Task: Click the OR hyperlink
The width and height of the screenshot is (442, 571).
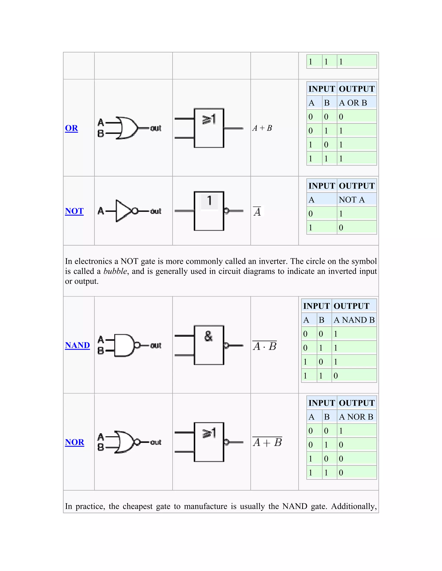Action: click(71, 128)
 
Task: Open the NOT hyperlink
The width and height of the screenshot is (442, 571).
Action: click(74, 211)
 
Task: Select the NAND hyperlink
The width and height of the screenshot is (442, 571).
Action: click(77, 345)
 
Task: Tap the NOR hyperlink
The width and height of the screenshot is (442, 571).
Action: click(75, 442)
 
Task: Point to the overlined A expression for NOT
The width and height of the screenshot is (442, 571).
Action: click(257, 211)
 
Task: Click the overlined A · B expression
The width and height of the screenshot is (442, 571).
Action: click(265, 346)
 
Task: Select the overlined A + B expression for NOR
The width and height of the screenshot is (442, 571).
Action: click(267, 442)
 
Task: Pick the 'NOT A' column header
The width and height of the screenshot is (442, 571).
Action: click(352, 200)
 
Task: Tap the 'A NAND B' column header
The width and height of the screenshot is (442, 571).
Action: click(354, 320)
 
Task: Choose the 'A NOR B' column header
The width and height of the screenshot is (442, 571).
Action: click(356, 417)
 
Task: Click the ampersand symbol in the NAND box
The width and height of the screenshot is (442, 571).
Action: click(208, 336)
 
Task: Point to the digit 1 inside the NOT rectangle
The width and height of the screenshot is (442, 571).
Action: click(209, 201)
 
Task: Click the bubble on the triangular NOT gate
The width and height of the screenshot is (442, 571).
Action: click(135, 211)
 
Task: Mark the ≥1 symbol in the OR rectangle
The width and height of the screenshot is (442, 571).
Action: click(209, 119)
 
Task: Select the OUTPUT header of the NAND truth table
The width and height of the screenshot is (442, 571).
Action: click(351, 306)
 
